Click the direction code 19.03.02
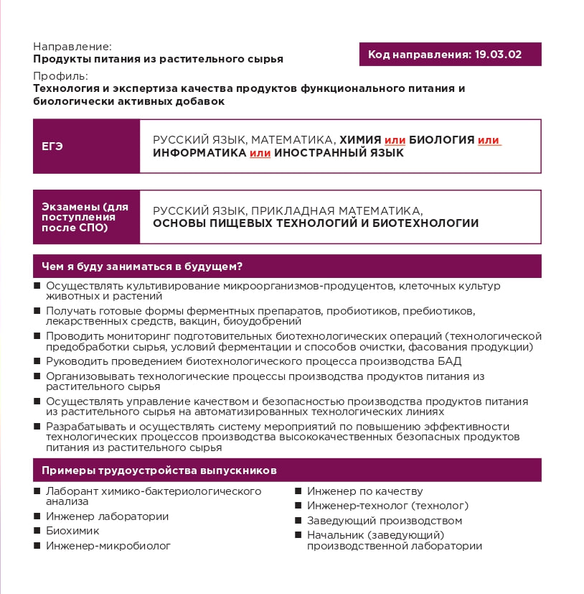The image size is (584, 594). click(498, 55)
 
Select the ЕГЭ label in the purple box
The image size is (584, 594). click(52, 147)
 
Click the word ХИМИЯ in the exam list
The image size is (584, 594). click(360, 140)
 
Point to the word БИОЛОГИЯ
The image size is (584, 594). click(441, 140)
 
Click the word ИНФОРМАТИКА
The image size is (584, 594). click(199, 153)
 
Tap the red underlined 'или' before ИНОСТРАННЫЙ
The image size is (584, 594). click(260, 153)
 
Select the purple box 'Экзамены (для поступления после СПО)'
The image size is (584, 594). click(86, 217)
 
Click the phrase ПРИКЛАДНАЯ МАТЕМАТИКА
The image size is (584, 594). click(336, 210)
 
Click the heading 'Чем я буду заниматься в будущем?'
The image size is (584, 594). click(142, 266)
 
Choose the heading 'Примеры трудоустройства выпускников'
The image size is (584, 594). click(159, 470)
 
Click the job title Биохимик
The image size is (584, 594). click(72, 531)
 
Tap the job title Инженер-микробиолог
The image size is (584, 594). click(108, 546)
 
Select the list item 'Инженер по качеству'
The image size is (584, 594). click(364, 491)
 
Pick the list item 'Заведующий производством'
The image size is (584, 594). click(384, 521)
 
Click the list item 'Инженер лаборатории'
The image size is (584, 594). click(107, 516)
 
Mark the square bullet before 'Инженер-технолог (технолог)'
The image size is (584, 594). click(298, 506)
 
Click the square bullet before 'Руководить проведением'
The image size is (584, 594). click(37, 361)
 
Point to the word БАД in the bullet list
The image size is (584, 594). click(449, 361)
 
